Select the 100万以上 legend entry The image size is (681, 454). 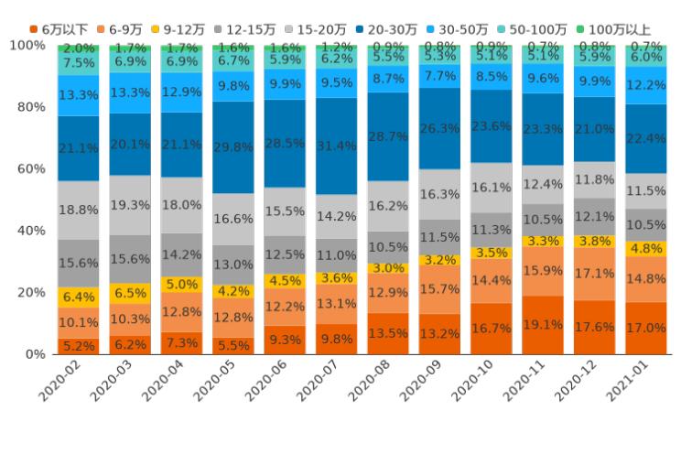point(615,29)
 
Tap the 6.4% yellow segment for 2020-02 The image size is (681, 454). point(78,297)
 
